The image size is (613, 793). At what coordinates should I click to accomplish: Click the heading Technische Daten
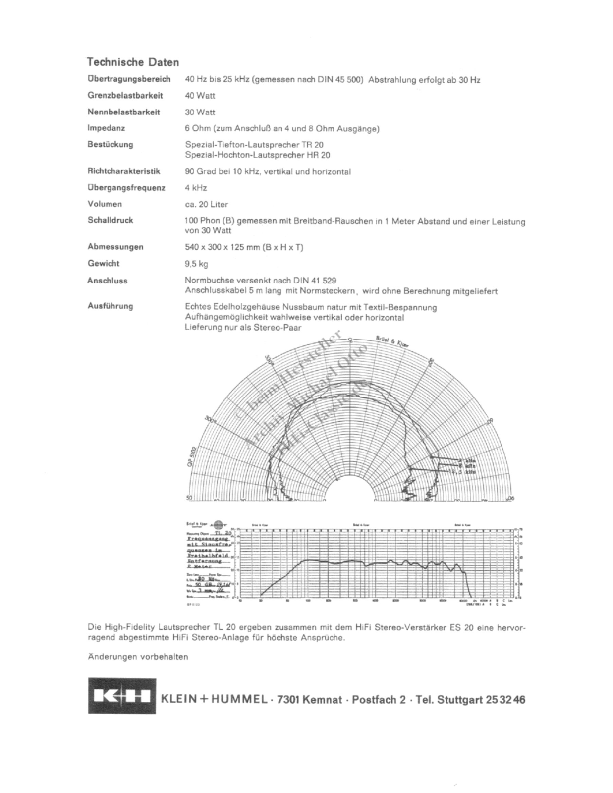(133, 62)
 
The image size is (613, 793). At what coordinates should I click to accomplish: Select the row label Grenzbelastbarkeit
(125, 95)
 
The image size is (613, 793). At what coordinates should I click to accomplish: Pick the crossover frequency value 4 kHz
(196, 188)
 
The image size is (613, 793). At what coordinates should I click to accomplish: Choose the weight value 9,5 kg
(196, 264)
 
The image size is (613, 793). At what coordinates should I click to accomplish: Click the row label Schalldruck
(110, 220)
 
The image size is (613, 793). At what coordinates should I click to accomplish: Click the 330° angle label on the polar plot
(270, 358)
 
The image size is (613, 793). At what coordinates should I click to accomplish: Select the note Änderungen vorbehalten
(138, 657)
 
